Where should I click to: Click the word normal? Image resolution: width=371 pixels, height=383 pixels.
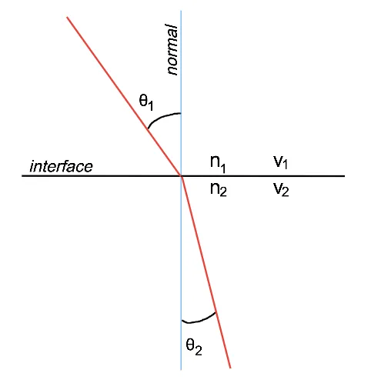click(x=172, y=49)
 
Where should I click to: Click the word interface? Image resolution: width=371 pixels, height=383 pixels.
click(x=62, y=166)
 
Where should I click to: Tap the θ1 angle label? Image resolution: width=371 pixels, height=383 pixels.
click(x=146, y=102)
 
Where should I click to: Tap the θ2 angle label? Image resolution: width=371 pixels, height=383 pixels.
click(x=194, y=347)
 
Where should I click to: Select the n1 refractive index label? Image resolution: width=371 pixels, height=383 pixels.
click(x=218, y=164)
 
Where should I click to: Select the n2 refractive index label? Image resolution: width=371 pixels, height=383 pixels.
click(x=219, y=190)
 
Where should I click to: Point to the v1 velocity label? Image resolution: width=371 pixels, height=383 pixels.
click(x=280, y=162)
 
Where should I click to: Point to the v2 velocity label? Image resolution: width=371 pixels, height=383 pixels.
click(x=281, y=190)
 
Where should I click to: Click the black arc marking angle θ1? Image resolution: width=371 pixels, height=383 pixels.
click(x=161, y=117)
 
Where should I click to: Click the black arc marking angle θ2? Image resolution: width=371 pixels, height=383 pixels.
click(x=198, y=321)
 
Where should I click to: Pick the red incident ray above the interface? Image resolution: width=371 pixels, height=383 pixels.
click(x=124, y=96)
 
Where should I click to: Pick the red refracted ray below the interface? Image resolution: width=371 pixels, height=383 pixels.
click(x=206, y=272)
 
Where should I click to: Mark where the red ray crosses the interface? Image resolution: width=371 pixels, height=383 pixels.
click(x=182, y=176)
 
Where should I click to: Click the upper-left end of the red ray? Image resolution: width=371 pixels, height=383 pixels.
click(x=67, y=17)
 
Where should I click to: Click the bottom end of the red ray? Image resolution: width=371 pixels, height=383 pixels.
click(x=230, y=368)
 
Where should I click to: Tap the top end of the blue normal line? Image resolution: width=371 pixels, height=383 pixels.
click(x=181, y=11)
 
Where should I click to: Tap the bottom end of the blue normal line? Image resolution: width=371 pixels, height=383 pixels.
click(x=181, y=370)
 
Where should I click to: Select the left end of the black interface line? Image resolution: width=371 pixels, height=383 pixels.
click(x=22, y=176)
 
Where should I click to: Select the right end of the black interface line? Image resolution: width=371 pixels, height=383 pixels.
click(x=344, y=176)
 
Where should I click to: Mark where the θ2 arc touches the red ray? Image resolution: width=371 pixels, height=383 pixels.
click(x=216, y=312)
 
